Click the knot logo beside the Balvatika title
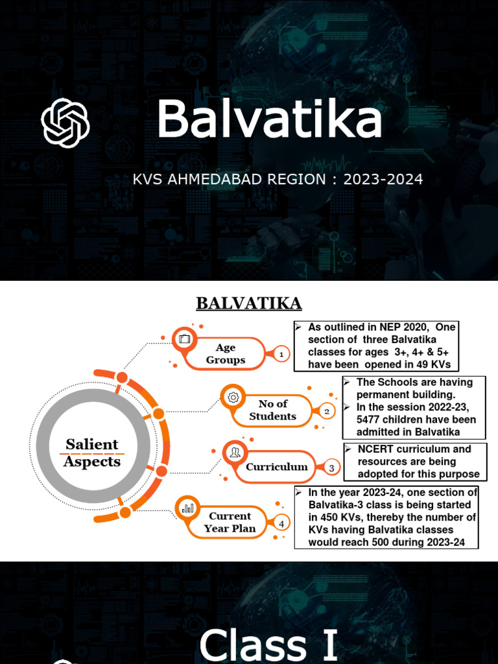click(x=65, y=123)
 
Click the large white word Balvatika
click(x=269, y=120)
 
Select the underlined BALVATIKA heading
click(x=249, y=303)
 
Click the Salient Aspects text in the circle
click(x=92, y=453)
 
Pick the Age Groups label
click(x=226, y=354)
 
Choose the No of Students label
click(x=272, y=410)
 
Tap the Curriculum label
click(x=276, y=467)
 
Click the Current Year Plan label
click(x=230, y=522)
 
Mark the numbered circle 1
click(x=281, y=355)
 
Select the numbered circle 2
click(x=327, y=411)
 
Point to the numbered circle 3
click(x=331, y=468)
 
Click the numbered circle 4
click(x=281, y=523)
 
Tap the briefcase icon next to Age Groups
click(x=184, y=338)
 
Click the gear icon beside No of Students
click(x=233, y=396)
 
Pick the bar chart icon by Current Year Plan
click(x=187, y=508)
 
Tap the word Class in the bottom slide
click(x=253, y=645)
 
